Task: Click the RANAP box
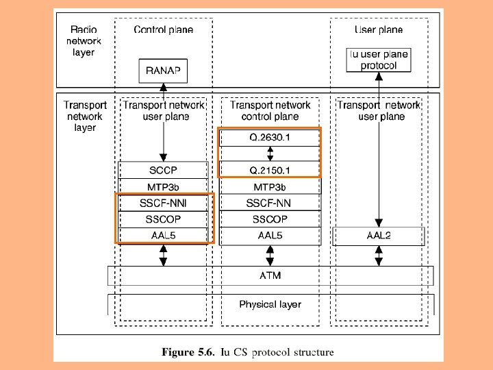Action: point(164,69)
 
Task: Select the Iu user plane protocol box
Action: point(379,60)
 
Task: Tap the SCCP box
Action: point(164,170)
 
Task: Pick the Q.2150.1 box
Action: point(270,170)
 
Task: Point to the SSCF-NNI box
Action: point(164,203)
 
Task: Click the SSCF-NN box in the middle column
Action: point(270,203)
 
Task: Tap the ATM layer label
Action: point(270,276)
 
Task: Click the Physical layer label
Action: point(270,304)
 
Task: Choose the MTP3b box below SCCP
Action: point(164,186)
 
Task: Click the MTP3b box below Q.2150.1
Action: point(270,186)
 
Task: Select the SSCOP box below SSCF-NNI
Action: point(164,219)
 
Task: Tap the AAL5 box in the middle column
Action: point(270,236)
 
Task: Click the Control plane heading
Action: point(164,29)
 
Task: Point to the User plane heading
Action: point(379,29)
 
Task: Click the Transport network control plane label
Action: point(270,111)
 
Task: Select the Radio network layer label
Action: point(84,41)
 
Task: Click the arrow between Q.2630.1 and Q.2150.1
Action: point(270,153)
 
